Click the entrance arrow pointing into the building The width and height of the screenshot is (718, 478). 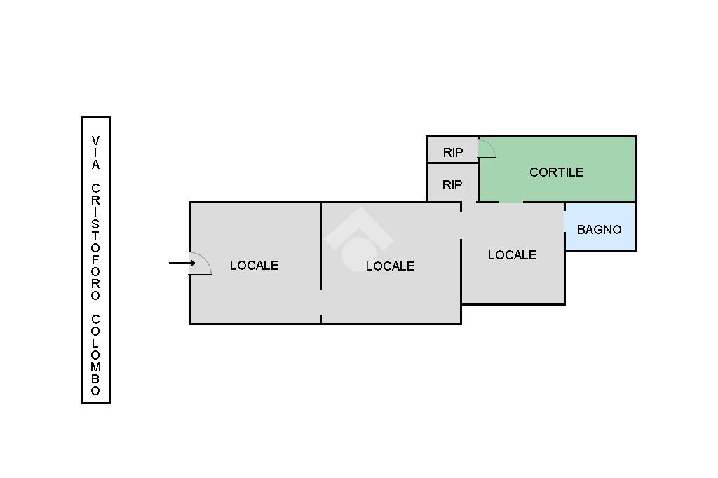182,263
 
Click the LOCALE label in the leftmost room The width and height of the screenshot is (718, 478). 254,266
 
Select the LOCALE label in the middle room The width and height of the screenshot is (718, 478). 390,266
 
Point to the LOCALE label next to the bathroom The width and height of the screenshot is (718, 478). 512,255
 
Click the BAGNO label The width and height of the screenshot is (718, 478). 599,230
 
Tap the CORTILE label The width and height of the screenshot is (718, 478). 556,172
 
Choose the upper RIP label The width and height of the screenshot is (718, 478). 453,153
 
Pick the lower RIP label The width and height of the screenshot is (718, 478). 452,185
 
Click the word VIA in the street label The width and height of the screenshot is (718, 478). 95,153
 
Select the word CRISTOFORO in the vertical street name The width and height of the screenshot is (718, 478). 95,242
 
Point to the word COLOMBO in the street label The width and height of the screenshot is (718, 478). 95,355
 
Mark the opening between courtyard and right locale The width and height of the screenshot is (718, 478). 511,202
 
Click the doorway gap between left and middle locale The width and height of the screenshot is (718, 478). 320,302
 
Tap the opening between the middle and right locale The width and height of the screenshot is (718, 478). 461,226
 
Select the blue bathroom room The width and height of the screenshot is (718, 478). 600,227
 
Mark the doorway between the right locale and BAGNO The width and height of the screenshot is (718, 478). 564,221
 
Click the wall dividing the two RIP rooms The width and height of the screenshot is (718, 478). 453,163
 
